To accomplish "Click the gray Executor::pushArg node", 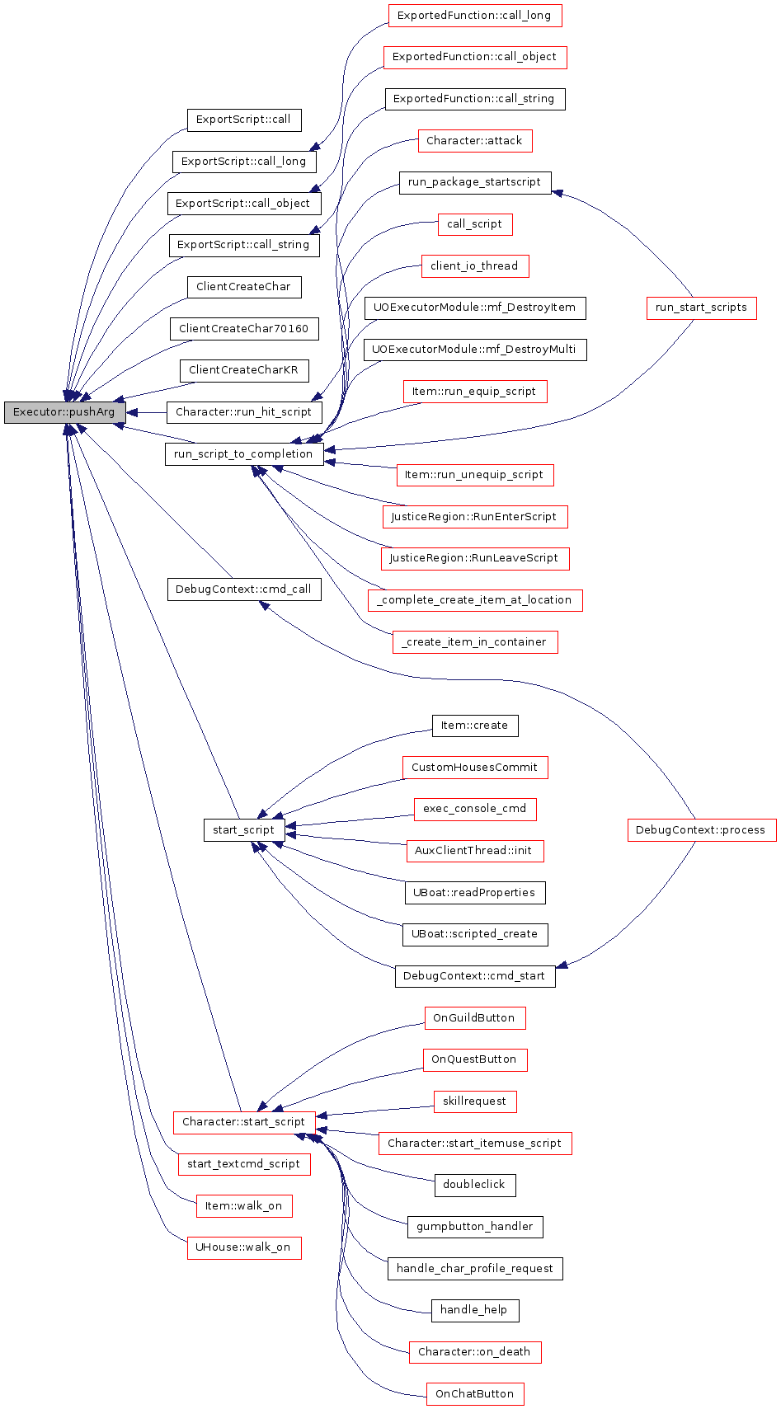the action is [65, 412].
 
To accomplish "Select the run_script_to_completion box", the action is [244, 454].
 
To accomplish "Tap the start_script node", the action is [244, 830].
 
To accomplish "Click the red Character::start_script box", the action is [244, 1122].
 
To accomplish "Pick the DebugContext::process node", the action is [702, 830].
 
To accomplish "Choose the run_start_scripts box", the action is [702, 308].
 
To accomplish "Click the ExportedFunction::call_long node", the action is [475, 16].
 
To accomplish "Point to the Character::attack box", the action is [475, 141].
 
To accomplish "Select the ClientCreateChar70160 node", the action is [244, 329].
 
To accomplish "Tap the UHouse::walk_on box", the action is [244, 1247].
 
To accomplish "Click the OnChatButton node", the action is [475, 1394].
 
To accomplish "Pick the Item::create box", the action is [475, 726].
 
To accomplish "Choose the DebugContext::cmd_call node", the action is [244, 589].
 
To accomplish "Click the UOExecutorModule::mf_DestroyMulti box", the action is [475, 350].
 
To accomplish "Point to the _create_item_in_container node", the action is [475, 642].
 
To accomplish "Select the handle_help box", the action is [475, 1310].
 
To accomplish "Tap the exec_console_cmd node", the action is [475, 809].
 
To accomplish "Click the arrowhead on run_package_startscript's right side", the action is [557, 192].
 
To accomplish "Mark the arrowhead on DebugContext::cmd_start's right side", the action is [562, 965].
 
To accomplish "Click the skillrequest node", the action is [475, 1101].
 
